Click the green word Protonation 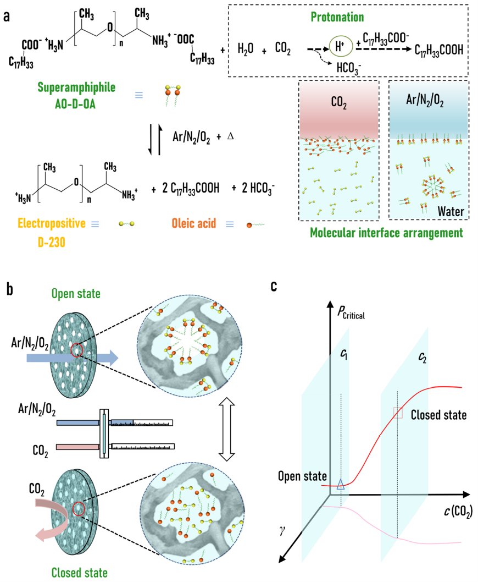tap(336, 17)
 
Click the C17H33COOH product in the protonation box tap(435, 50)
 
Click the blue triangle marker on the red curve tap(341, 484)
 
